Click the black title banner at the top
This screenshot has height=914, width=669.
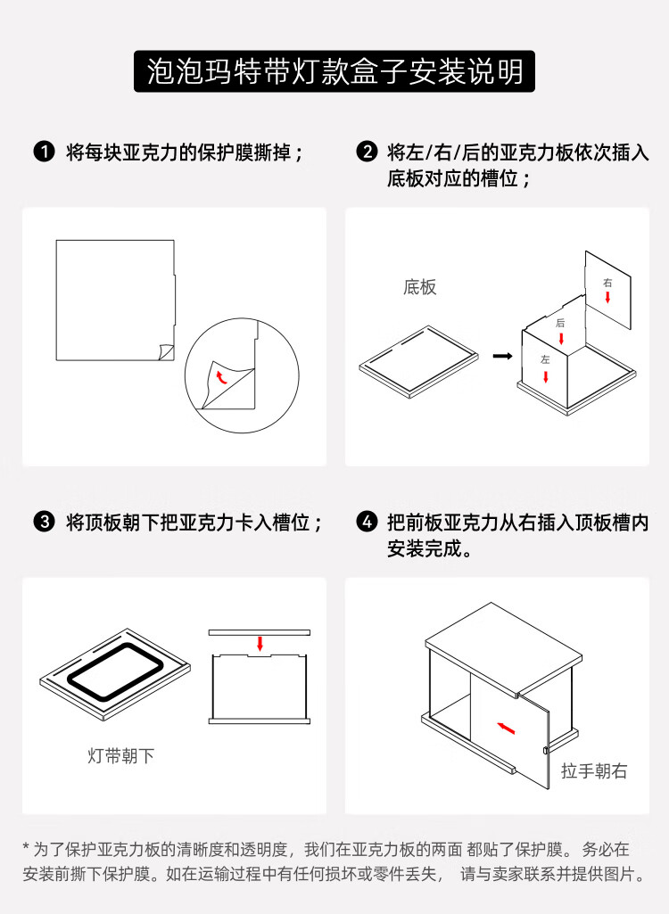pos(334,71)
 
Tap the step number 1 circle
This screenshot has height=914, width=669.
pos(45,152)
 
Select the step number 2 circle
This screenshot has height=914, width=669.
pos(367,152)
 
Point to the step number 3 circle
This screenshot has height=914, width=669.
pos(45,522)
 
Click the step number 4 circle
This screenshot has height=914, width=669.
pos(367,522)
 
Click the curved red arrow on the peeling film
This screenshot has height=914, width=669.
pos(221,376)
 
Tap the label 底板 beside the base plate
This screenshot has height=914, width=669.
pos(419,287)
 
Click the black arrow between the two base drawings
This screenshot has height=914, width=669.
pos(502,356)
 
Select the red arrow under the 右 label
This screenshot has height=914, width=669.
pos(607,297)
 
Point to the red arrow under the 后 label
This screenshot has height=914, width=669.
pos(560,338)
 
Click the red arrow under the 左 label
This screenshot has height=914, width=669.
pos(546,376)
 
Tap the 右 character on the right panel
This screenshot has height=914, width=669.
pos(607,283)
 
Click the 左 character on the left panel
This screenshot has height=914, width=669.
pos(545,359)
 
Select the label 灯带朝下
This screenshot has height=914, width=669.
pos(120,756)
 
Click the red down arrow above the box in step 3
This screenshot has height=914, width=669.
pos(260,644)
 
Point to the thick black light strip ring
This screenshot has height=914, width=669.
pos(76,680)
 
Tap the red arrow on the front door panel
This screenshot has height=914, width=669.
pos(507,728)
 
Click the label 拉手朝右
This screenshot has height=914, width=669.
pos(594,771)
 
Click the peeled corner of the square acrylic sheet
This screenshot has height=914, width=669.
pos(166,351)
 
